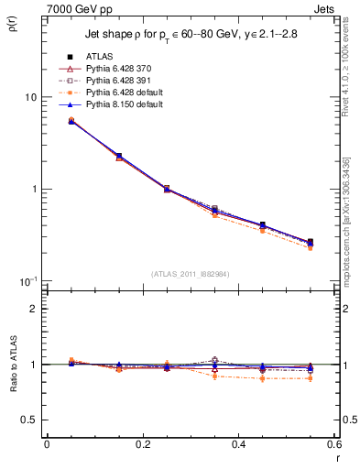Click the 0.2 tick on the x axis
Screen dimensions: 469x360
(142, 444)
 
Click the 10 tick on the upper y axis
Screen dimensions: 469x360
(33, 98)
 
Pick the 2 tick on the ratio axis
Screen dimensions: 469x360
(36, 310)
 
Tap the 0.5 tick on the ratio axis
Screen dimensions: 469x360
(33, 420)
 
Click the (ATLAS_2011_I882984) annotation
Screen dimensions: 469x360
(189, 273)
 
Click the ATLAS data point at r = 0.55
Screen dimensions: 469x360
(310, 242)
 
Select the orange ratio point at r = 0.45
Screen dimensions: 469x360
(262, 378)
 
